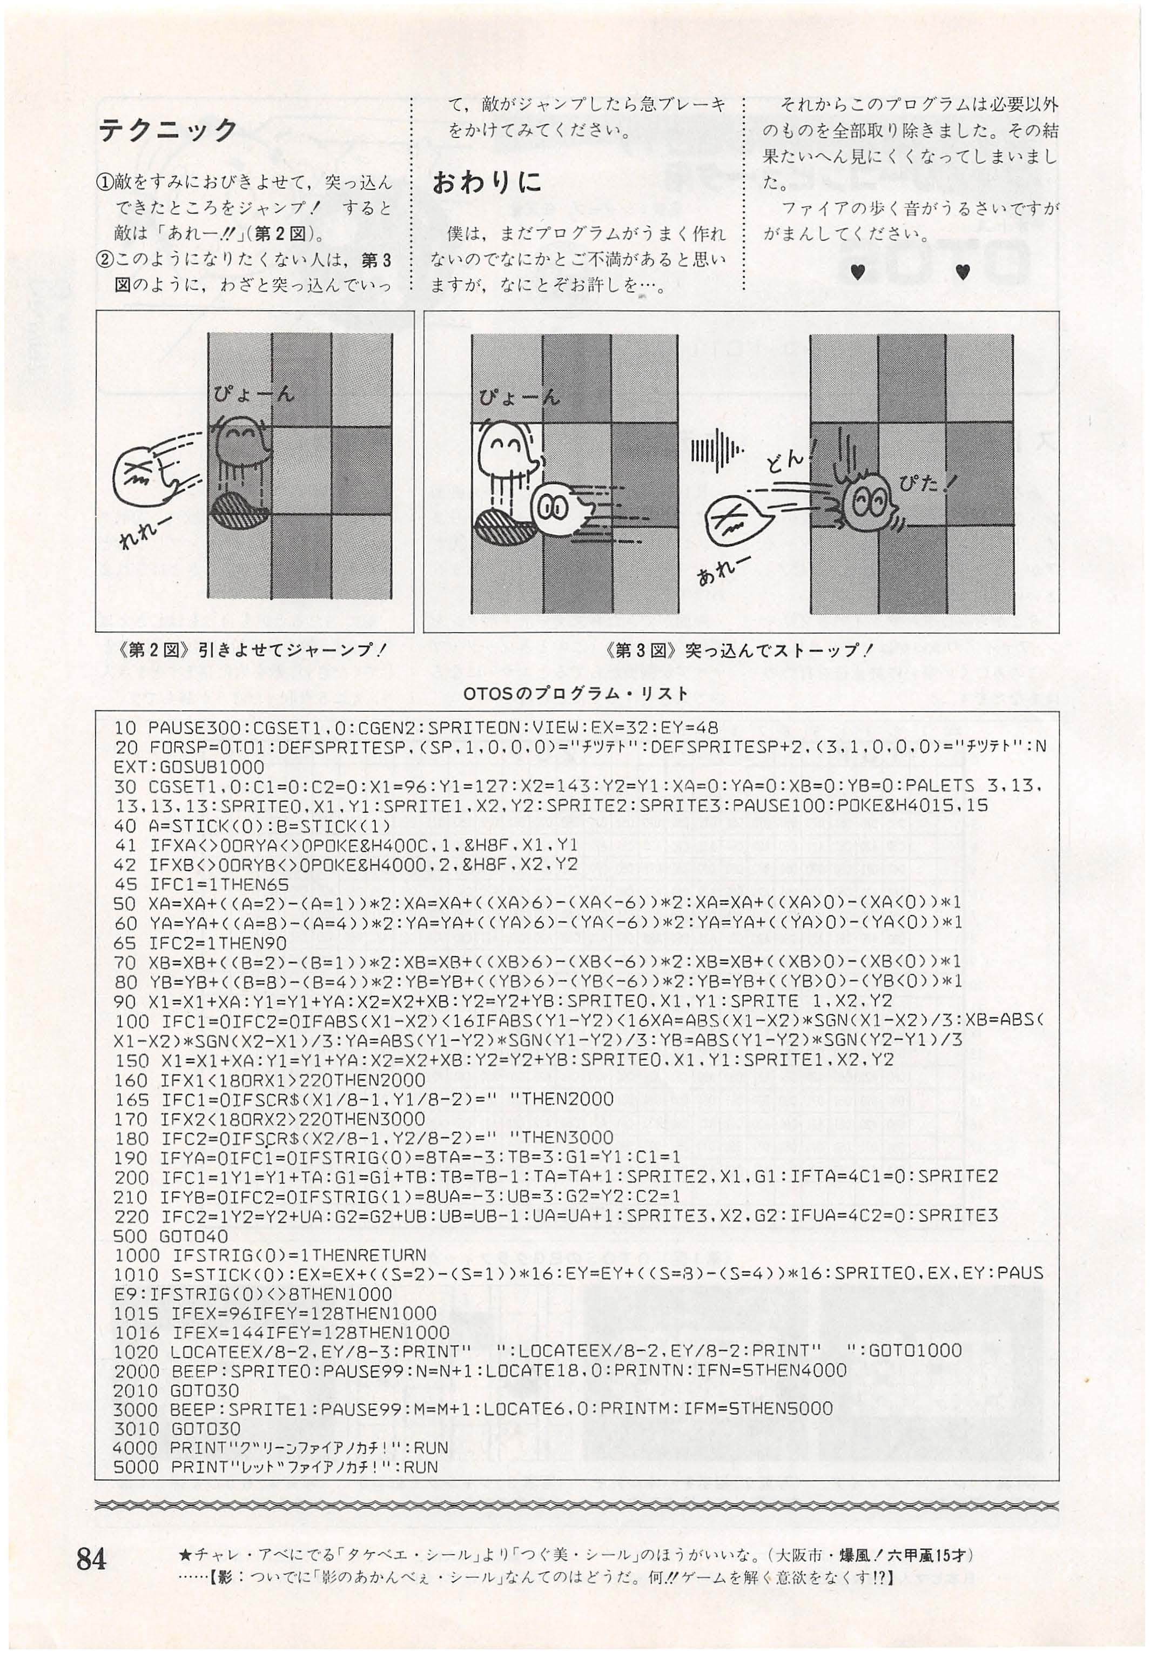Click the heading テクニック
tap(168, 130)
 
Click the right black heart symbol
tap(964, 272)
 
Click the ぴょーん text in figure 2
tap(253, 394)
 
